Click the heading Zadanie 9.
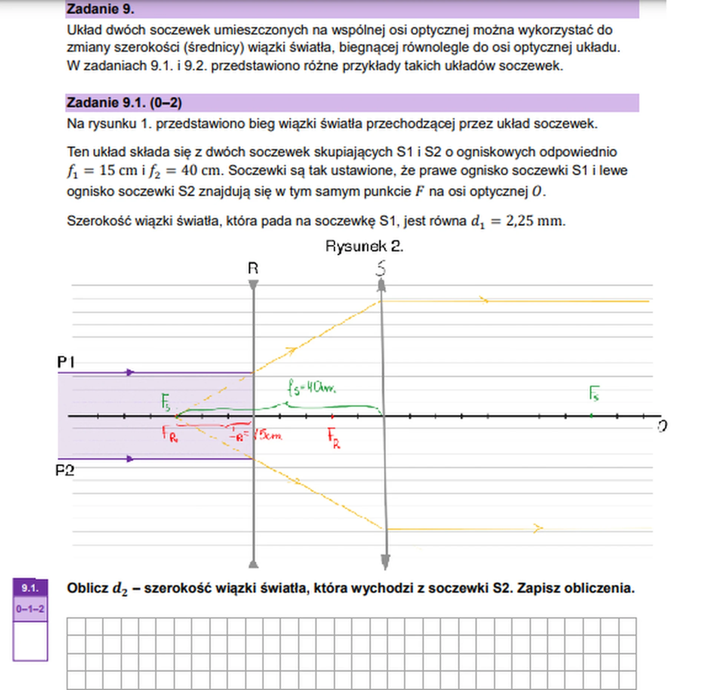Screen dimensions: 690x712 click(x=100, y=9)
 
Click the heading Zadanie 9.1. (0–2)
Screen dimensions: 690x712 click(x=124, y=103)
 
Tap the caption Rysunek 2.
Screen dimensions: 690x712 click(x=364, y=246)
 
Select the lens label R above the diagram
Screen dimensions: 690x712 click(x=253, y=268)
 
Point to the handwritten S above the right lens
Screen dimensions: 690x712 click(x=381, y=268)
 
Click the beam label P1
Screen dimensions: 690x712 click(x=66, y=362)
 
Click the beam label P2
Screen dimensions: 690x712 click(x=65, y=470)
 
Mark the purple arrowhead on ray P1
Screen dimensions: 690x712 click(x=130, y=372)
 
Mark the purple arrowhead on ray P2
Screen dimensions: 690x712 click(x=130, y=459)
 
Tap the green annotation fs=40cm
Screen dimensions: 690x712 click(x=311, y=388)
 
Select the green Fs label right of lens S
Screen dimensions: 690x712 click(x=594, y=394)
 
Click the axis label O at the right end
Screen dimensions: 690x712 click(x=662, y=426)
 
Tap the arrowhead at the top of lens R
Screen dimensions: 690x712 click(x=253, y=285)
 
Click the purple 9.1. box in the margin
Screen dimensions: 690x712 click(x=30, y=588)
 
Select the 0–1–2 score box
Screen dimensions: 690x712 click(x=30, y=609)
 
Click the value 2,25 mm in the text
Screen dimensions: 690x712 click(x=535, y=221)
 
